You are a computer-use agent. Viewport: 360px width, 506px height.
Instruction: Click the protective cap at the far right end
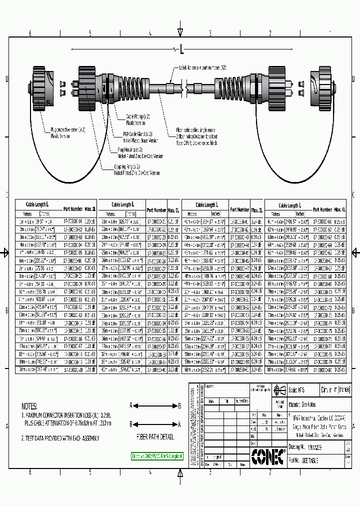318,88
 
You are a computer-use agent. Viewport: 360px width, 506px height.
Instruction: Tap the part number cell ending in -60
239,369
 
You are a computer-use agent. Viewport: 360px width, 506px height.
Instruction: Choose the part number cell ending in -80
322,369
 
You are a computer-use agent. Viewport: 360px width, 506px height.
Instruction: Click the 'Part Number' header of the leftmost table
73,209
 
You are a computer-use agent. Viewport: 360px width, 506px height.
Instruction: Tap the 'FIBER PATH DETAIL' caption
155,436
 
